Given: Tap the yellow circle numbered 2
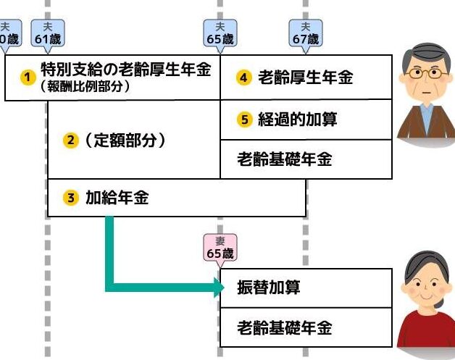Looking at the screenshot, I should (x=70, y=141).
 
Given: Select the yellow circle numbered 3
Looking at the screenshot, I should (x=70, y=197).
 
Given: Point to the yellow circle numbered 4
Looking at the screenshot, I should (x=244, y=78).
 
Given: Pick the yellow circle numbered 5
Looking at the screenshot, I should (x=244, y=120).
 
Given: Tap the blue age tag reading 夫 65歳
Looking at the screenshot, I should (x=220, y=33).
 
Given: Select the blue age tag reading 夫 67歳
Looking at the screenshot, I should (x=304, y=33).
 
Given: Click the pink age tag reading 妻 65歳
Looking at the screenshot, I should (x=220, y=248).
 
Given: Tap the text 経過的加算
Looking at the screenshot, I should (x=298, y=120).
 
